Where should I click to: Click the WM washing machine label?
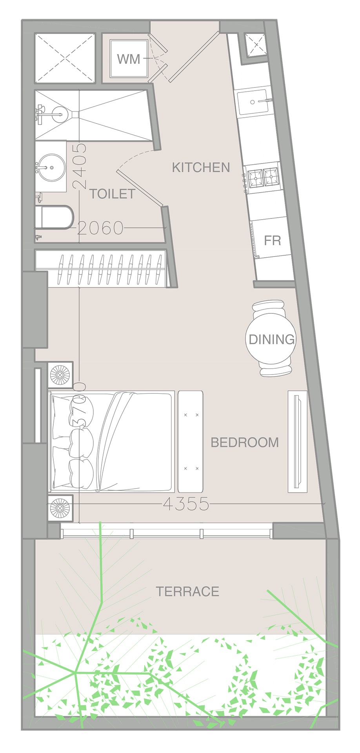[129, 59]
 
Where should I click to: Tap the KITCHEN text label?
[201, 167]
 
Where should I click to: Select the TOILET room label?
[112, 194]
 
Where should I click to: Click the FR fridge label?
[272, 240]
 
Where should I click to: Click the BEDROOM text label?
[245, 442]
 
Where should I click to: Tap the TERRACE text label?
[187, 591]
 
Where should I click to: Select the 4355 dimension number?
[186, 504]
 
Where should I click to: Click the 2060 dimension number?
[100, 228]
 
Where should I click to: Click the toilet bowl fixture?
[55, 217]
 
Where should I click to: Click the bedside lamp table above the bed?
[60, 375]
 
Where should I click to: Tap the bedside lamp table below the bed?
[60, 508]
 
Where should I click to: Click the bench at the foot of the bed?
[191, 441]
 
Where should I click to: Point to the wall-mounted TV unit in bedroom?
[297, 441]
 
